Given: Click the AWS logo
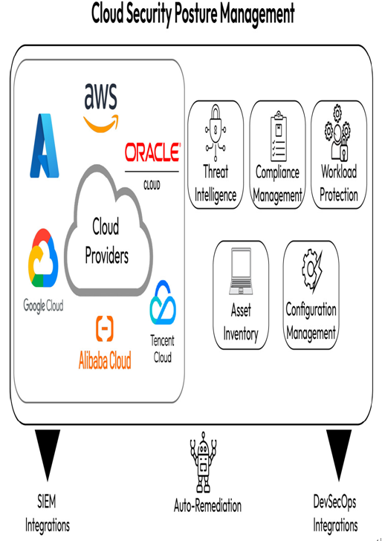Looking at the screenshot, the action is [101, 108].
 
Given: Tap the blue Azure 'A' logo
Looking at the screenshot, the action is [45, 146].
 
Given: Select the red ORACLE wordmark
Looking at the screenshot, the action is [152, 152].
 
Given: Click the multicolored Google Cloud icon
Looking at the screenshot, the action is [43, 258].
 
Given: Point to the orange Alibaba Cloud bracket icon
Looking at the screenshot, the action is [105, 328].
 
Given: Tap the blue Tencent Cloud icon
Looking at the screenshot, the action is [163, 302].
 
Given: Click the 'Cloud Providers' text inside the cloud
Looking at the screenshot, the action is [106, 241].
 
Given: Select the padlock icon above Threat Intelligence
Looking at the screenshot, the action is [216, 133].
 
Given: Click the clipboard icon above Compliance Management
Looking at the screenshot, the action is [278, 136].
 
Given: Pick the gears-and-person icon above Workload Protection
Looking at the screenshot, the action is [338, 133].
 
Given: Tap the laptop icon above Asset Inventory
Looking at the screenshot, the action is [241, 271].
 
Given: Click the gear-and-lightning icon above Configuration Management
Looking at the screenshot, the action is [312, 270].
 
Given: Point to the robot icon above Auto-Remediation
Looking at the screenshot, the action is [204, 461].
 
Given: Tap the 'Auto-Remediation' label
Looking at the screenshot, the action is [208, 505].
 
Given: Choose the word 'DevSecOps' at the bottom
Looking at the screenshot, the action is [334, 502].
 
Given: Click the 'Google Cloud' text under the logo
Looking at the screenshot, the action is [43, 305].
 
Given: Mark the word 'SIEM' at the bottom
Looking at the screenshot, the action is [47, 502].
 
